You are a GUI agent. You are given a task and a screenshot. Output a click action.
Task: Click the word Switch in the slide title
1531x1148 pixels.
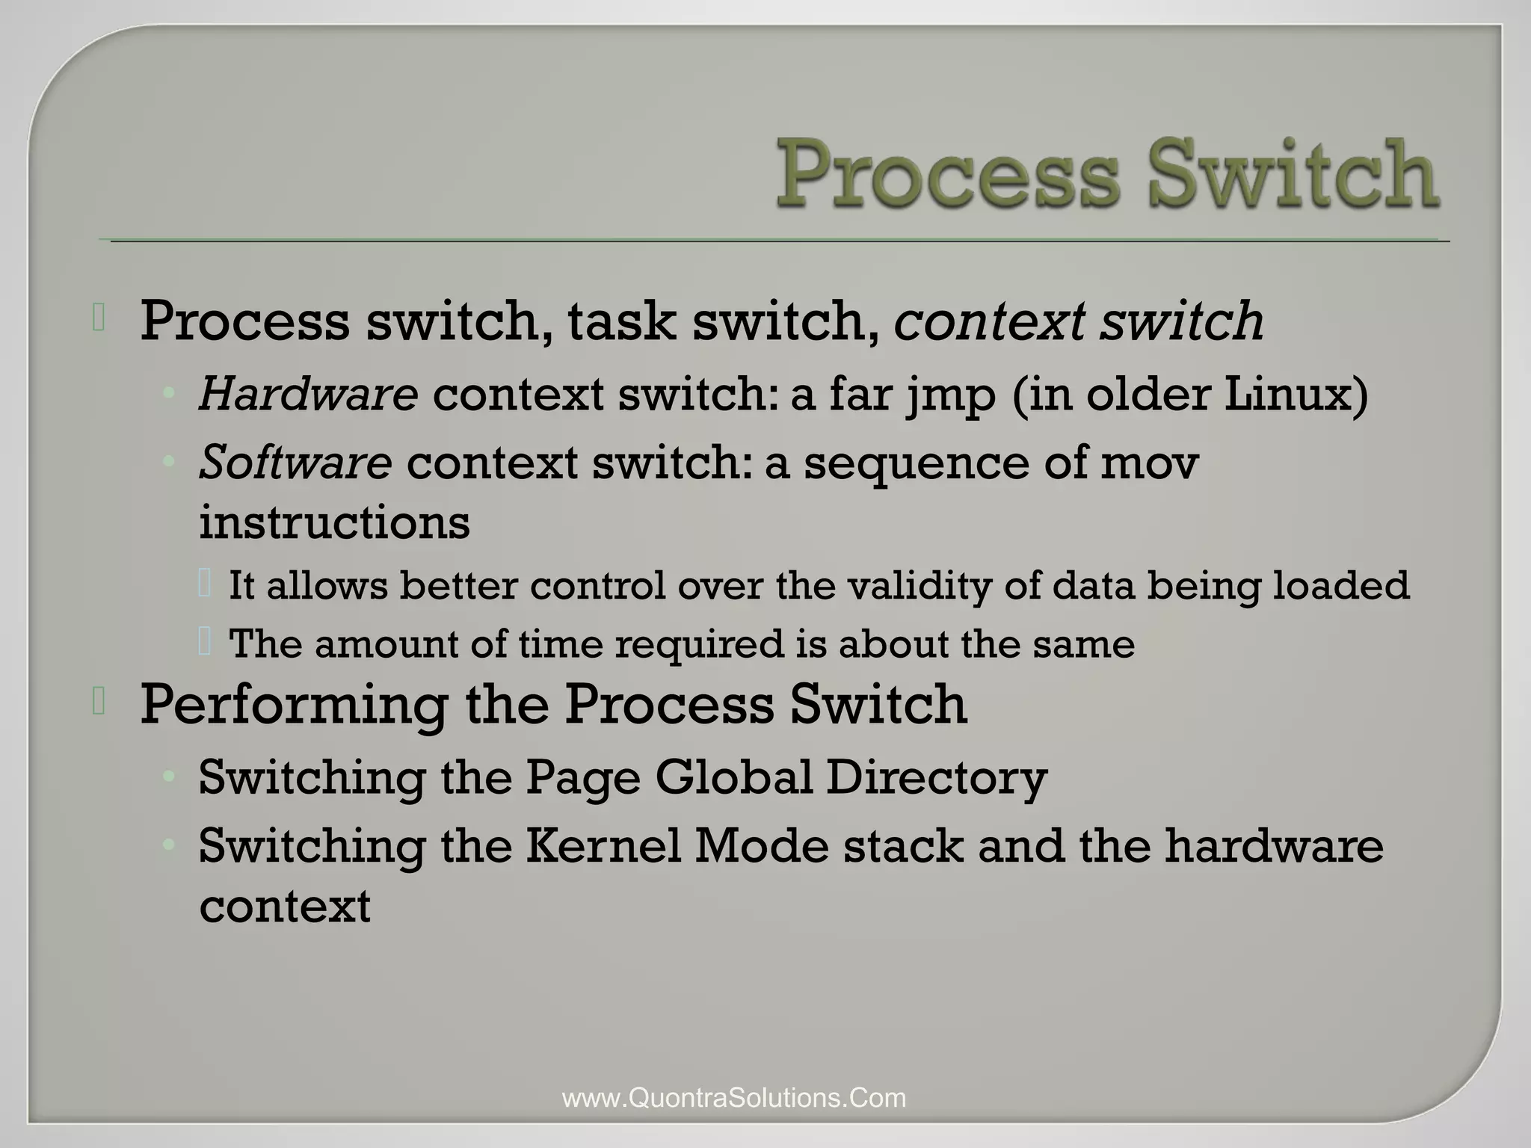(1293, 173)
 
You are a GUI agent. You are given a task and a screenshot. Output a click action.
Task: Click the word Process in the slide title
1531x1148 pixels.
(947, 173)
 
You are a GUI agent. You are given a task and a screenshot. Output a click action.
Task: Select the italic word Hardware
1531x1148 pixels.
(308, 394)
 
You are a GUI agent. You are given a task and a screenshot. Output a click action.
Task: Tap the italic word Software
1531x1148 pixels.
(295, 463)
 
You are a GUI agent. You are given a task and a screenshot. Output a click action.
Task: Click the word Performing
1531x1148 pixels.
(294, 705)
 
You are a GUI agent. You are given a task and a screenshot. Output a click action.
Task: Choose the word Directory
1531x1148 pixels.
(937, 778)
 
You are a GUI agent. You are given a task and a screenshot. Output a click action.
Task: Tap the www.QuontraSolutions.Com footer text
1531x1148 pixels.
(734, 1098)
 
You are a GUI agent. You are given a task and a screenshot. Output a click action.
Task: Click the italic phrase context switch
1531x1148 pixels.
(1079, 321)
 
